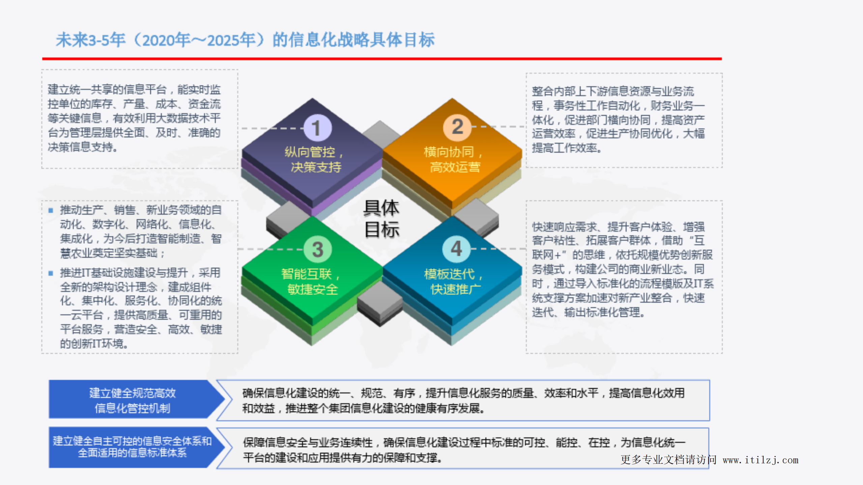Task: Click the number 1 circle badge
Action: click(x=317, y=128)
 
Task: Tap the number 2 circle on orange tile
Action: click(x=457, y=127)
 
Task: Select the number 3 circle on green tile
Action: click(x=317, y=249)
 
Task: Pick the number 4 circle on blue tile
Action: click(x=456, y=249)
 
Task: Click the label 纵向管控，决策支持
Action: click(x=314, y=159)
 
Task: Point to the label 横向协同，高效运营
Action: click(x=454, y=159)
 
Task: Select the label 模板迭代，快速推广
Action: click(x=454, y=281)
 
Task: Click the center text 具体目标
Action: click(x=381, y=218)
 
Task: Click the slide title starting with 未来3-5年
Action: click(x=245, y=40)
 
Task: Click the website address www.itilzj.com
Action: click(x=760, y=460)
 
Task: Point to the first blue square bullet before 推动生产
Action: click(x=51, y=211)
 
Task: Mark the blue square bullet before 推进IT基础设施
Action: click(x=51, y=273)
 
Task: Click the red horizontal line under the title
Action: click(x=381, y=59)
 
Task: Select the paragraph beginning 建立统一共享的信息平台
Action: click(x=134, y=118)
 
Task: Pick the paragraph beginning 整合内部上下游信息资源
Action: click(x=618, y=119)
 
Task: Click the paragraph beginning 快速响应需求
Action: click(x=622, y=269)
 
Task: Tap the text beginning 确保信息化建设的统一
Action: click(x=463, y=400)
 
